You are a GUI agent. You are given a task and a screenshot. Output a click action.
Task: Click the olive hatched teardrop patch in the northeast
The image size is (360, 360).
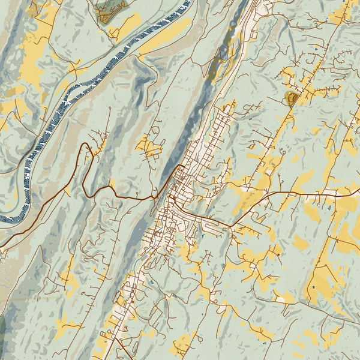(x=292, y=99)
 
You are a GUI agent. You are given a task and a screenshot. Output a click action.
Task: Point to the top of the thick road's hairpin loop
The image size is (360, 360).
(x=85, y=145)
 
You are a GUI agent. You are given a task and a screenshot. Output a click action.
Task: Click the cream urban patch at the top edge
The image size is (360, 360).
(x=264, y=6)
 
